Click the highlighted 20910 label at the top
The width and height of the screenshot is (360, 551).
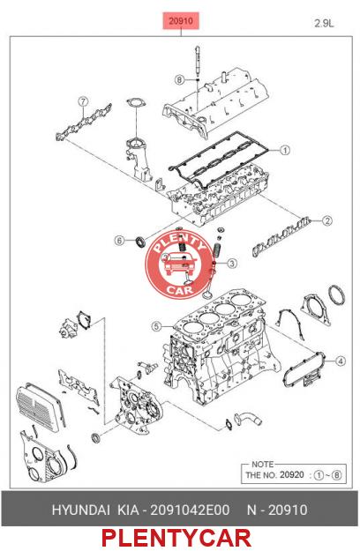[181, 21]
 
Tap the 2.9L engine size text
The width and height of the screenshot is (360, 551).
[324, 24]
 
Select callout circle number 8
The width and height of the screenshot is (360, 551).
[180, 79]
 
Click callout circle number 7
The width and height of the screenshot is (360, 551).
[83, 102]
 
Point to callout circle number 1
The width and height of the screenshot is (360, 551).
[285, 150]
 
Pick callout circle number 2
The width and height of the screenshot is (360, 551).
[327, 220]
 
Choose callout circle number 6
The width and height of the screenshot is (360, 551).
[119, 241]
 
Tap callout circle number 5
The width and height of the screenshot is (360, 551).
[157, 326]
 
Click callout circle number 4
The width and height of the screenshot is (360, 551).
[340, 361]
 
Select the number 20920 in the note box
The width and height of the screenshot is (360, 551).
[291, 475]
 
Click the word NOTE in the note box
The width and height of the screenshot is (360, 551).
[262, 465]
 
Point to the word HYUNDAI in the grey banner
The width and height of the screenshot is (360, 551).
[81, 510]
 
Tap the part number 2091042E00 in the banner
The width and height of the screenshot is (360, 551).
[190, 510]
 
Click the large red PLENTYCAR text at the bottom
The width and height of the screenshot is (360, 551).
[176, 538]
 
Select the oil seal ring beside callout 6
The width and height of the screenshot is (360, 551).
[140, 242]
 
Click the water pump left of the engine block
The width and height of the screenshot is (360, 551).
[69, 329]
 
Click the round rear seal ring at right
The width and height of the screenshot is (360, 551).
[336, 295]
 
